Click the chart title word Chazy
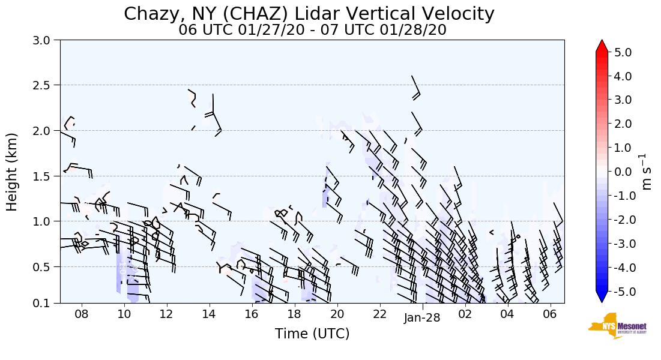click(151, 14)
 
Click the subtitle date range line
click(312, 30)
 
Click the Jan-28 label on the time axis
click(422, 318)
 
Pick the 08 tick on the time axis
click(82, 314)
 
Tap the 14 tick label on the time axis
click(209, 314)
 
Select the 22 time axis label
click(379, 314)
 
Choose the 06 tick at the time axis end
click(550, 314)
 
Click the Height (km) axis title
click(13, 172)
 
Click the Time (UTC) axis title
click(312, 334)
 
